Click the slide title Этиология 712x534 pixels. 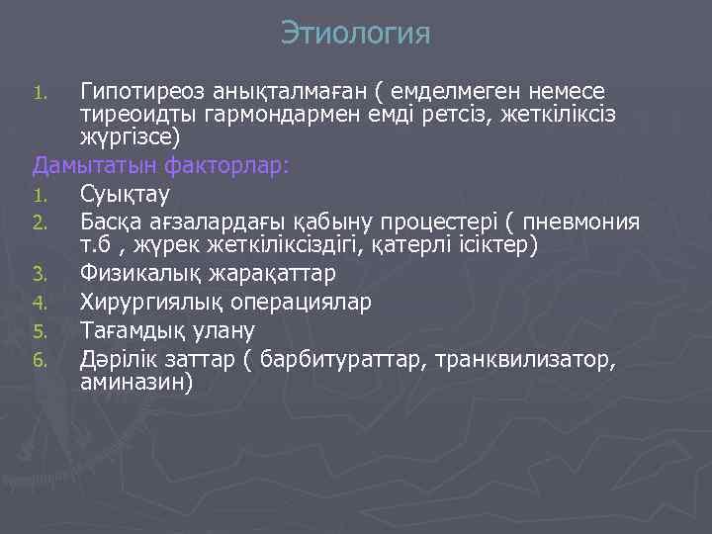(356, 34)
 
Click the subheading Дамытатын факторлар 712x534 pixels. (161, 164)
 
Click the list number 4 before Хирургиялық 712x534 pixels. (40, 302)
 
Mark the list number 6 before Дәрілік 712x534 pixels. (40, 359)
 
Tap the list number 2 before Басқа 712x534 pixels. (40, 222)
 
